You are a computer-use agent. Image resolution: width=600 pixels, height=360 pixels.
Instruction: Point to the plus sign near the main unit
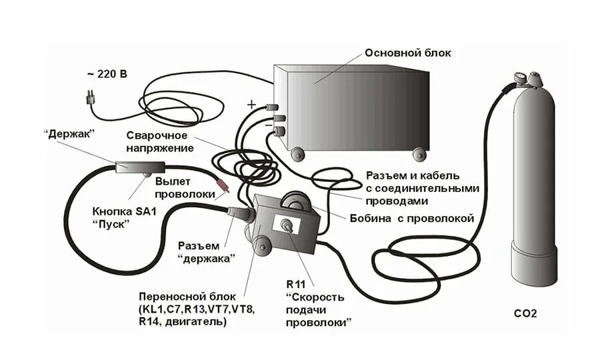(x=251, y=104)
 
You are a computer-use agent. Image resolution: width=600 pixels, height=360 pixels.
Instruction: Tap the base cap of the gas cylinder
(x=533, y=263)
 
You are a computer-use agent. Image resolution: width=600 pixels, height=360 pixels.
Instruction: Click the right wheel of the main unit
(x=419, y=155)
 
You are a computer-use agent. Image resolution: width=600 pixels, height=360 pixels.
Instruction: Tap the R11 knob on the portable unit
(x=288, y=225)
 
